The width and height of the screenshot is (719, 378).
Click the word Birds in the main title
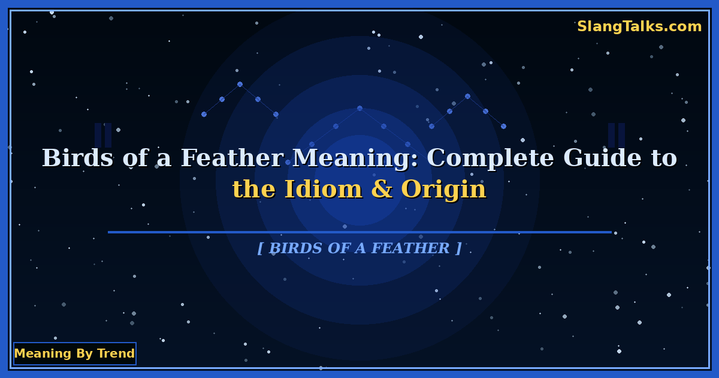coord(77,158)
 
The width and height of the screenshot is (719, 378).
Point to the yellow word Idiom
coord(323,190)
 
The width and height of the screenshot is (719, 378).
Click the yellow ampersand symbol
coord(382,190)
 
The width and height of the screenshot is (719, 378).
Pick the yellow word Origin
coord(443,190)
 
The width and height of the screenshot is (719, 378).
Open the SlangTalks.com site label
coord(639,26)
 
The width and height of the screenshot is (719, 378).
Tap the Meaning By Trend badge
coord(74,353)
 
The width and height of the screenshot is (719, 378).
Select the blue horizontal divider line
coord(359,232)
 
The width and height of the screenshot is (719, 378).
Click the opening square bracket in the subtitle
coord(260,248)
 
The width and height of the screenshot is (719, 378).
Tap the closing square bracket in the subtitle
coord(458,248)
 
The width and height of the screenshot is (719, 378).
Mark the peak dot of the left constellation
coord(240,84)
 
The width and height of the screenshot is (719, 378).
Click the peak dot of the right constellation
coord(467,96)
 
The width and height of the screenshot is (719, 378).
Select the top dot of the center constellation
coord(359,108)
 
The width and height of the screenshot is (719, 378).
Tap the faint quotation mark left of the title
coord(103,135)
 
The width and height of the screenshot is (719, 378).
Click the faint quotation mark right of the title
coord(616,135)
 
